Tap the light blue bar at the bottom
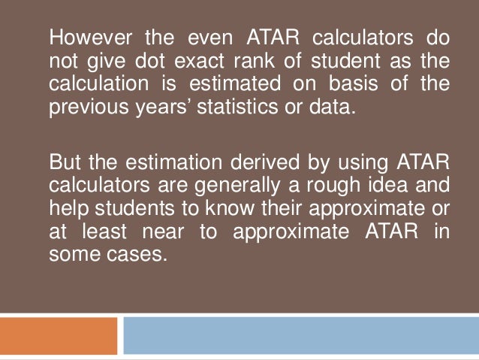300,335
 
